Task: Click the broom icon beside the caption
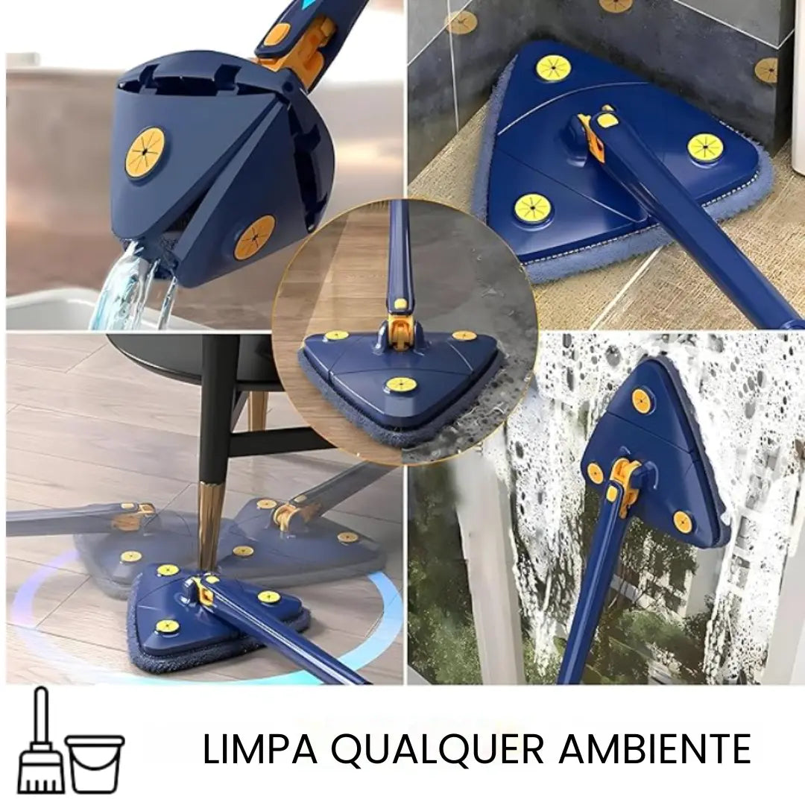(x=40, y=745)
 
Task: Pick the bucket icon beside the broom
(x=95, y=762)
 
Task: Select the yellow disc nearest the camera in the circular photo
(x=400, y=385)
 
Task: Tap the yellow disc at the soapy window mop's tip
(x=642, y=400)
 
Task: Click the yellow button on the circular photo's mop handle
(x=400, y=305)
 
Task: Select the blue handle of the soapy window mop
(x=589, y=596)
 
